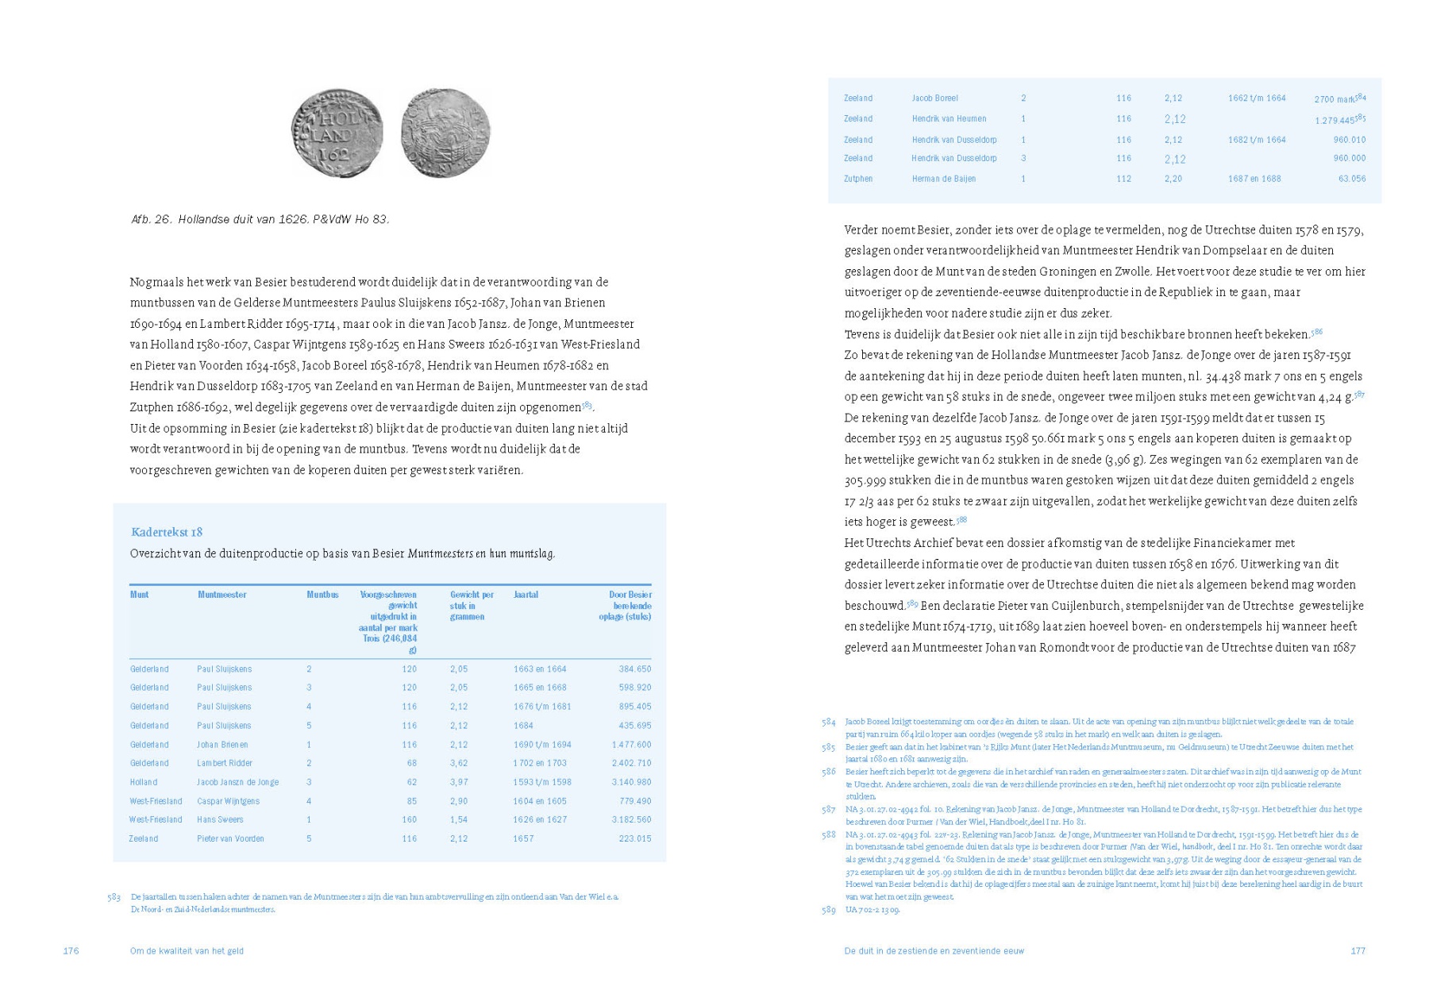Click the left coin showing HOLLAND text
(x=337, y=133)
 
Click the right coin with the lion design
(x=445, y=133)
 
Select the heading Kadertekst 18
(x=167, y=532)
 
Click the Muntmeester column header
(x=222, y=595)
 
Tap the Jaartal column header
(x=526, y=595)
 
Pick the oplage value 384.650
(x=635, y=669)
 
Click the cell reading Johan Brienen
(x=222, y=745)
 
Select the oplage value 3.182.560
(x=631, y=819)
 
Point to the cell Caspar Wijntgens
(x=229, y=801)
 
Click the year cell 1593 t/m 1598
(x=542, y=782)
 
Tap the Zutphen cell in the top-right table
(x=858, y=179)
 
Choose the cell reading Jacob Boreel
(x=934, y=98)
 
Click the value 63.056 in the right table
(x=1352, y=179)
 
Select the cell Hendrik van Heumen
(x=949, y=119)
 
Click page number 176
(x=71, y=951)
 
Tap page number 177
(x=1358, y=951)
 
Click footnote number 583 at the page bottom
(x=114, y=897)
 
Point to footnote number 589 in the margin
(x=829, y=910)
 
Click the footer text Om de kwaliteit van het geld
(x=187, y=951)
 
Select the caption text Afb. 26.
(x=152, y=219)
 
